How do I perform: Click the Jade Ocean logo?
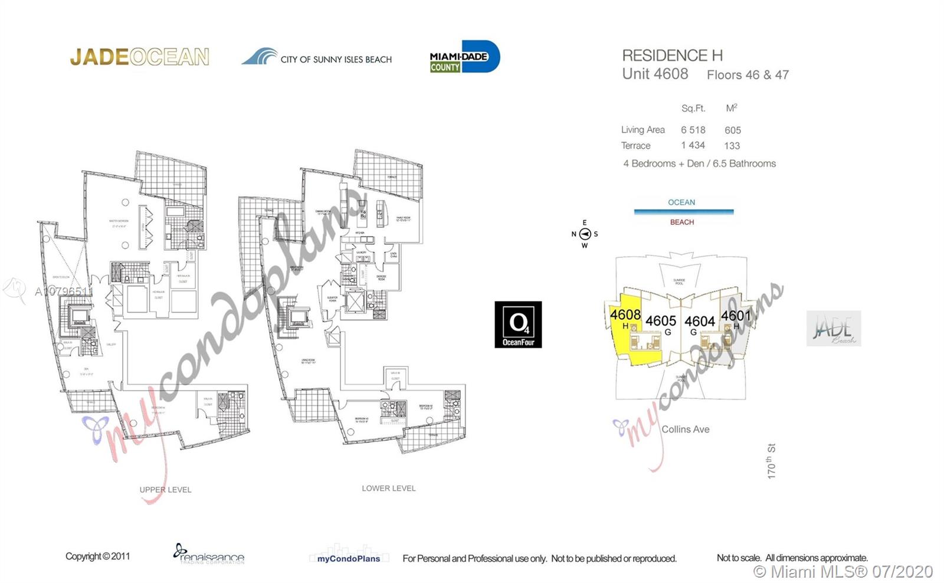pyautogui.click(x=139, y=57)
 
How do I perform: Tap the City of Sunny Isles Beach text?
pyautogui.click(x=336, y=59)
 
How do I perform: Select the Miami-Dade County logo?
pyautogui.click(x=464, y=57)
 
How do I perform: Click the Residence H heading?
pyautogui.click(x=672, y=55)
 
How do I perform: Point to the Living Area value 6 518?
pyautogui.click(x=693, y=130)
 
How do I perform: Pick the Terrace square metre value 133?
pyautogui.click(x=732, y=146)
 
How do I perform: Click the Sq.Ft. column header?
pyautogui.click(x=693, y=109)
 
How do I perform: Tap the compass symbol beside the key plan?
pyautogui.click(x=585, y=234)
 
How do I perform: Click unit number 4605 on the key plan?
pyautogui.click(x=660, y=321)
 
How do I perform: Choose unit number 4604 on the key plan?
pyautogui.click(x=699, y=322)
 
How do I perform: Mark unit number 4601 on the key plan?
pyautogui.click(x=736, y=316)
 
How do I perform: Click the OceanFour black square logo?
pyautogui.click(x=518, y=325)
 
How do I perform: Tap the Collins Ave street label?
pyautogui.click(x=685, y=430)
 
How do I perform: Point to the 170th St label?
pyautogui.click(x=771, y=461)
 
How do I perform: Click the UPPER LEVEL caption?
pyautogui.click(x=165, y=490)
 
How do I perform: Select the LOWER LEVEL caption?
pyautogui.click(x=388, y=489)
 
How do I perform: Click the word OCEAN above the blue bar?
pyautogui.click(x=681, y=202)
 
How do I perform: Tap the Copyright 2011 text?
pyautogui.click(x=97, y=556)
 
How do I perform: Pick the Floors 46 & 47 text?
pyautogui.click(x=748, y=75)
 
